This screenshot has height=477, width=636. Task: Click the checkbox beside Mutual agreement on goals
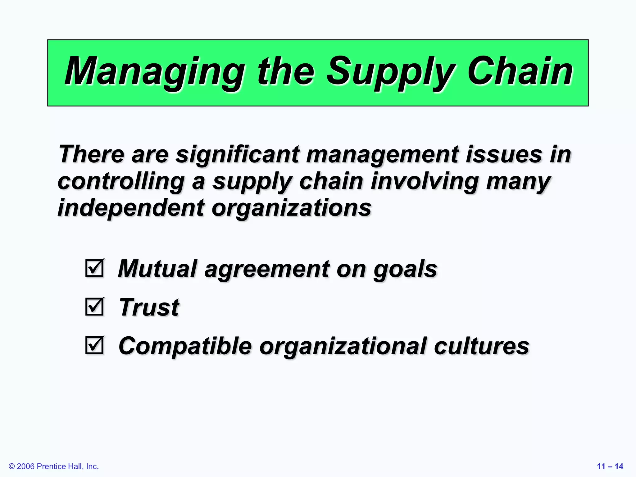click(94, 268)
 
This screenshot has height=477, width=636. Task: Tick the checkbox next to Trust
click(94, 307)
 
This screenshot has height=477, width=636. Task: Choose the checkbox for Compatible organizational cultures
click(94, 345)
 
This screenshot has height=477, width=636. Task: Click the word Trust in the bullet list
click(149, 307)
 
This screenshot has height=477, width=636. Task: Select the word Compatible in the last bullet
click(185, 346)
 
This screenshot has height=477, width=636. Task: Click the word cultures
click(481, 346)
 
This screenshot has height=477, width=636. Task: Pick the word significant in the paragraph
click(238, 154)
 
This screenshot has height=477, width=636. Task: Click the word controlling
click(121, 181)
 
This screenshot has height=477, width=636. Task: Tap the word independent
click(131, 208)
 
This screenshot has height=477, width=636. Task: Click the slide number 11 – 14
click(610, 466)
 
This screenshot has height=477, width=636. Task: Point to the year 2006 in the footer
click(25, 466)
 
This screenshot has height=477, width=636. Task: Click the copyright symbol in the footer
click(12, 466)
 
